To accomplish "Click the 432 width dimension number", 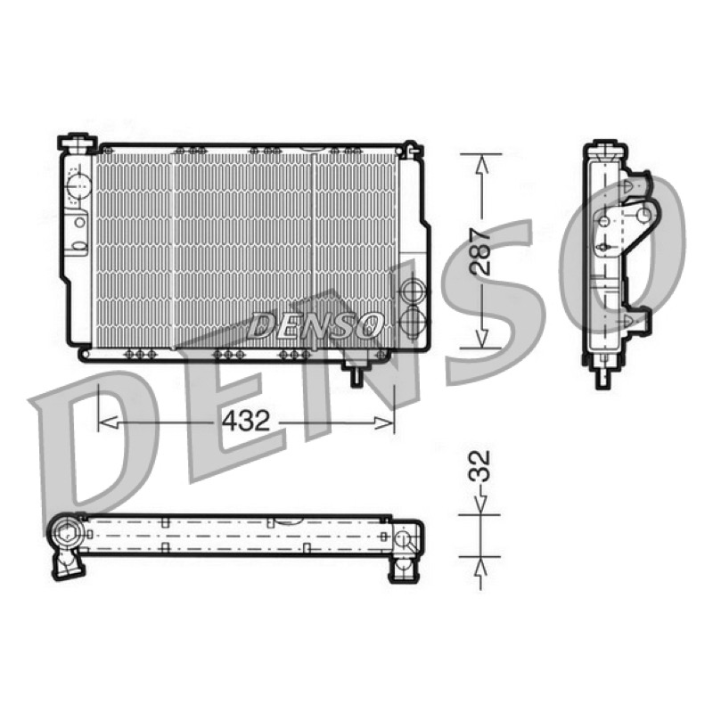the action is click(x=246, y=421).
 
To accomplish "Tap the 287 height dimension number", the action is click(x=481, y=251).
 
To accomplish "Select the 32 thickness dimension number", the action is click(x=479, y=465).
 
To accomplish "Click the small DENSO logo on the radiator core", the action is click(x=315, y=324).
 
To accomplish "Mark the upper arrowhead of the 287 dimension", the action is click(x=481, y=165).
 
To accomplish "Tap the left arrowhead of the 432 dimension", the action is click(x=108, y=422).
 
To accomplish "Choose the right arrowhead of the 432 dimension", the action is click(x=384, y=422).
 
